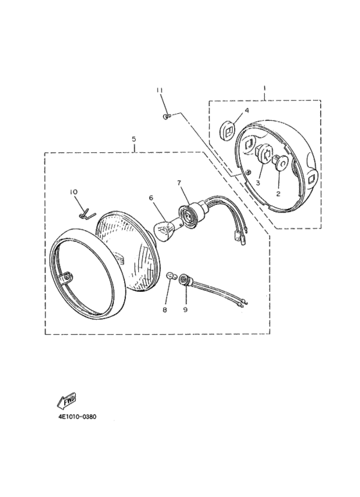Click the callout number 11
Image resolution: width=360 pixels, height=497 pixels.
coord(159,91)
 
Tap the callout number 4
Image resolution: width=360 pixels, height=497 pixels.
coord(247,111)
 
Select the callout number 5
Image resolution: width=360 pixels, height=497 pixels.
coord(134,138)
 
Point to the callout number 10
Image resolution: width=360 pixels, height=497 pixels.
coord(74,192)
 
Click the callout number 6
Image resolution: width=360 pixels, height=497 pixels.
coord(151,198)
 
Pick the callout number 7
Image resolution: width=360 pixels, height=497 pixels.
coord(179,183)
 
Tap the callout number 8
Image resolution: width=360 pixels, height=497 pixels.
coord(165,310)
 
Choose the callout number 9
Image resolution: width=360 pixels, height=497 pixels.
coord(185,310)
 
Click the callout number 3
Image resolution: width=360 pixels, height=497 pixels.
coord(258,183)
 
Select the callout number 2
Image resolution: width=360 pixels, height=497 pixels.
coord(278,193)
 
